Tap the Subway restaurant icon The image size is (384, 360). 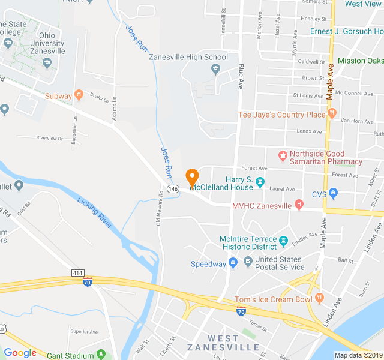coord(78,95)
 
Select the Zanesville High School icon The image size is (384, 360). coord(215,70)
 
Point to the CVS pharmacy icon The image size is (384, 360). coord(334,193)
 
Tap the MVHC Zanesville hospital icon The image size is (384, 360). coord(299,206)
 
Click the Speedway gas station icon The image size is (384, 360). coord(232,263)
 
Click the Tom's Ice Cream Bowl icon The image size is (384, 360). coord(319,299)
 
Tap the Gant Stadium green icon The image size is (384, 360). coord(101,355)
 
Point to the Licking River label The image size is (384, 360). coord(95,213)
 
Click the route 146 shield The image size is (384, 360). coord(173,189)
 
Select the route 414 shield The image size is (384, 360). coord(77,273)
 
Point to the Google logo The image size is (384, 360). coord(20,353)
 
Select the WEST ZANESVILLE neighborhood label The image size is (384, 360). coord(223,343)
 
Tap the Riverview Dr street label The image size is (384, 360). coord(49,138)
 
